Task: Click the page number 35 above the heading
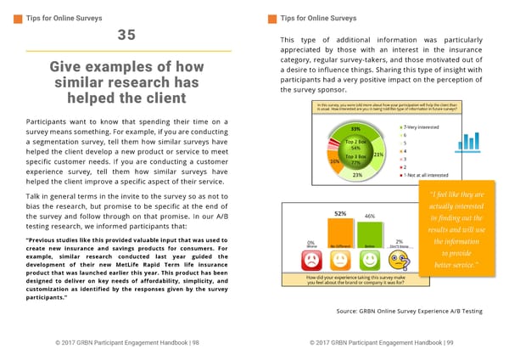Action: click(126, 36)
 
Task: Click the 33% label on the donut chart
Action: click(355, 129)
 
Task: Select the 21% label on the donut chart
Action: click(378, 154)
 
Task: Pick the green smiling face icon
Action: click(370, 259)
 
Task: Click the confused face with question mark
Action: click(398, 259)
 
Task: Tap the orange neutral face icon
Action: click(340, 259)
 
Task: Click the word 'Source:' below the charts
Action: click(351, 312)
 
